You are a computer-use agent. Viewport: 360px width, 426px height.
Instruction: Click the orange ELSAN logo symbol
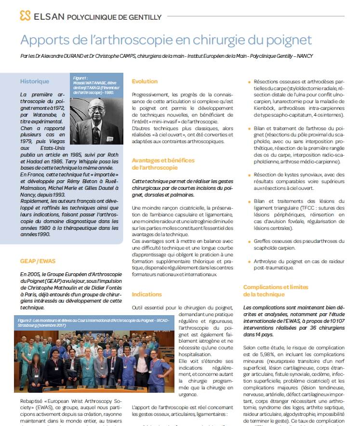pyautogui.click(x=25, y=16)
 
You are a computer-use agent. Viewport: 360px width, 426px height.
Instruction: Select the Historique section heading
pyautogui.click(x=35, y=81)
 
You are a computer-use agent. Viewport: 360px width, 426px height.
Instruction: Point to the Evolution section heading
pyautogui.click(x=145, y=82)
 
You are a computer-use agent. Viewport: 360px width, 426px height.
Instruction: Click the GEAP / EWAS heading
pyautogui.click(x=38, y=261)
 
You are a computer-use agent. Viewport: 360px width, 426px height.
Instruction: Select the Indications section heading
pyautogui.click(x=147, y=294)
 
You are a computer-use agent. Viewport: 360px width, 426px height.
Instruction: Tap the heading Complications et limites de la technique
pyautogui.click(x=276, y=291)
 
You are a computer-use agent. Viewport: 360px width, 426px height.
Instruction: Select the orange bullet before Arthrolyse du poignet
pyautogui.click(x=249, y=261)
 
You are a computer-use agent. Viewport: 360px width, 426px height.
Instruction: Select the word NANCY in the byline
pyautogui.click(x=304, y=56)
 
